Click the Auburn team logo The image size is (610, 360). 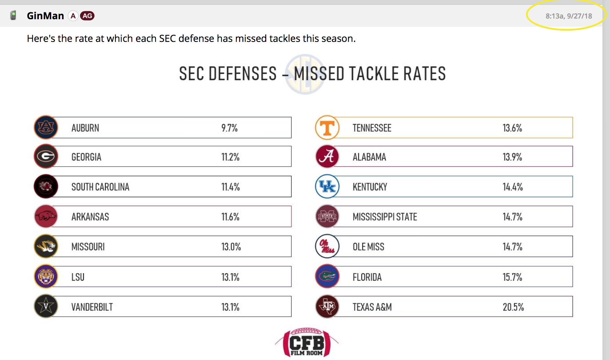click(x=46, y=127)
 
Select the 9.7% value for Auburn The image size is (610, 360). click(x=229, y=128)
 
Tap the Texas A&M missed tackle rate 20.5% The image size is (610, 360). click(x=513, y=307)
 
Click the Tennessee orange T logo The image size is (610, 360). click(x=327, y=127)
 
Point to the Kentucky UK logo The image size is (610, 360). click(x=327, y=187)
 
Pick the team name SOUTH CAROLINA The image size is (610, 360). click(x=100, y=187)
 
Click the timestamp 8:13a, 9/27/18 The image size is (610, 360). click(x=568, y=16)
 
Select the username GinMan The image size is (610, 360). click(x=45, y=16)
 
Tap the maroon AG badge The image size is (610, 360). click(x=87, y=16)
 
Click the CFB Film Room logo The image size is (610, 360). click(x=307, y=343)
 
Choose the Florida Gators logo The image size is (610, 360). click(x=327, y=276)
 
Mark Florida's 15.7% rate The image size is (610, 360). click(x=512, y=277)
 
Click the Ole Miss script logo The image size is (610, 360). click(x=327, y=246)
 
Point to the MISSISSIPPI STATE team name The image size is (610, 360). click(x=385, y=217)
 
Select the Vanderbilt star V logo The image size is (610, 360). click(x=46, y=306)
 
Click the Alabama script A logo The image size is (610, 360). click(x=327, y=157)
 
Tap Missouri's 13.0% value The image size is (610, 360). click(x=231, y=247)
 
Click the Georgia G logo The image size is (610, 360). click(x=46, y=157)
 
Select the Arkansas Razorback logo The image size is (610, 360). click(x=46, y=216)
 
